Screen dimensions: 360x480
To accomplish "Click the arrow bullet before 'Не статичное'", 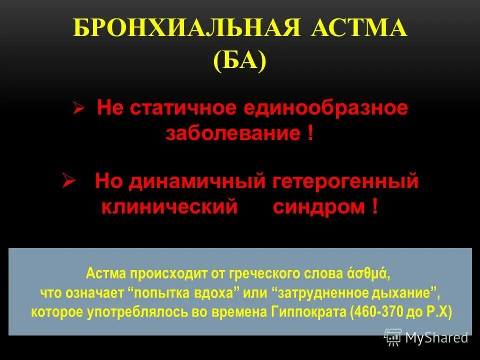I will [x=77, y=109].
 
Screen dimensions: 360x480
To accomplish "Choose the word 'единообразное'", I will [x=325, y=108].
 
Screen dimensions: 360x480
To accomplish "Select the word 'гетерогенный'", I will [x=346, y=181].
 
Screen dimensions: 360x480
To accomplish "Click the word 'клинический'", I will [x=169, y=206].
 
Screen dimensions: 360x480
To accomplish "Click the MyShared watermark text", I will [x=436, y=337].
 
